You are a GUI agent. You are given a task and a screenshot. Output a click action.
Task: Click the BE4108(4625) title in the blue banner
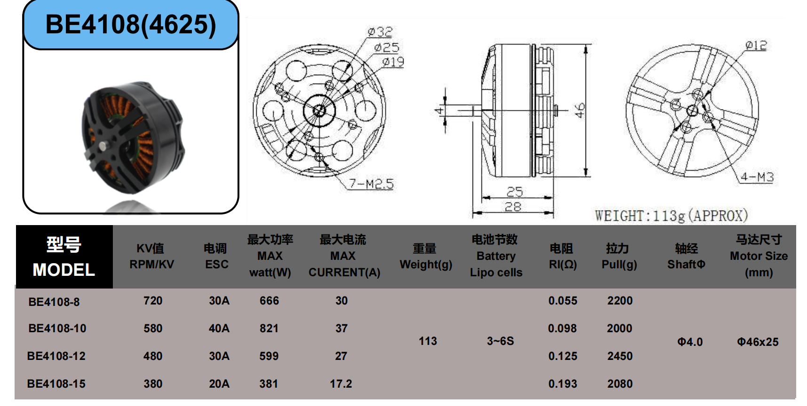tap(131, 24)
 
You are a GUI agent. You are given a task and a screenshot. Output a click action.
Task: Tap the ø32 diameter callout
tap(380, 32)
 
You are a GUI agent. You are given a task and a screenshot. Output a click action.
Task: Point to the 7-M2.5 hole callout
tap(371, 184)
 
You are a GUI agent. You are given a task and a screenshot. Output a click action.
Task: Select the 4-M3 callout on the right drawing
tap(757, 177)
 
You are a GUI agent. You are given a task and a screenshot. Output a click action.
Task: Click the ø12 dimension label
tap(756, 46)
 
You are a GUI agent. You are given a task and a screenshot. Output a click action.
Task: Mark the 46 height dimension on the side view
tap(580, 110)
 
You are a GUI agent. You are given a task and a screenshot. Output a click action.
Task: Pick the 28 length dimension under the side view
tap(513, 207)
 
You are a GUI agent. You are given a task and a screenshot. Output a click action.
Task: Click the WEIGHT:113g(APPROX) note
tap(671, 216)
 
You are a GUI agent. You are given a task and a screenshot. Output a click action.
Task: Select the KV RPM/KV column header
tap(151, 256)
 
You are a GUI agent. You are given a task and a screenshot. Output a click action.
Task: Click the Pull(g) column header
tap(619, 256)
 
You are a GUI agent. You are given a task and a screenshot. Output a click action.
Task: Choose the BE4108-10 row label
tap(57, 328)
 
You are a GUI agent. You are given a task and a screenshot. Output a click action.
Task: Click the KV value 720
tap(153, 301)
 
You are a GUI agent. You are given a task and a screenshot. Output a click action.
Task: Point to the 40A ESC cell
tap(219, 328)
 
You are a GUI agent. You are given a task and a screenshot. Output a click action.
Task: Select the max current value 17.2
tap(341, 384)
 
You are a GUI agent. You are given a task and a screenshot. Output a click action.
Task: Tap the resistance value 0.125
tap(562, 356)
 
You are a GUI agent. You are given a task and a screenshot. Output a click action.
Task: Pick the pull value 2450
tap(620, 356)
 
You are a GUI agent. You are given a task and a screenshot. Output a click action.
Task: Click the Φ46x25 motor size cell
tap(758, 342)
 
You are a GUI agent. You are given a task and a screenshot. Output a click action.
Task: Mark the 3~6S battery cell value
tap(500, 341)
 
